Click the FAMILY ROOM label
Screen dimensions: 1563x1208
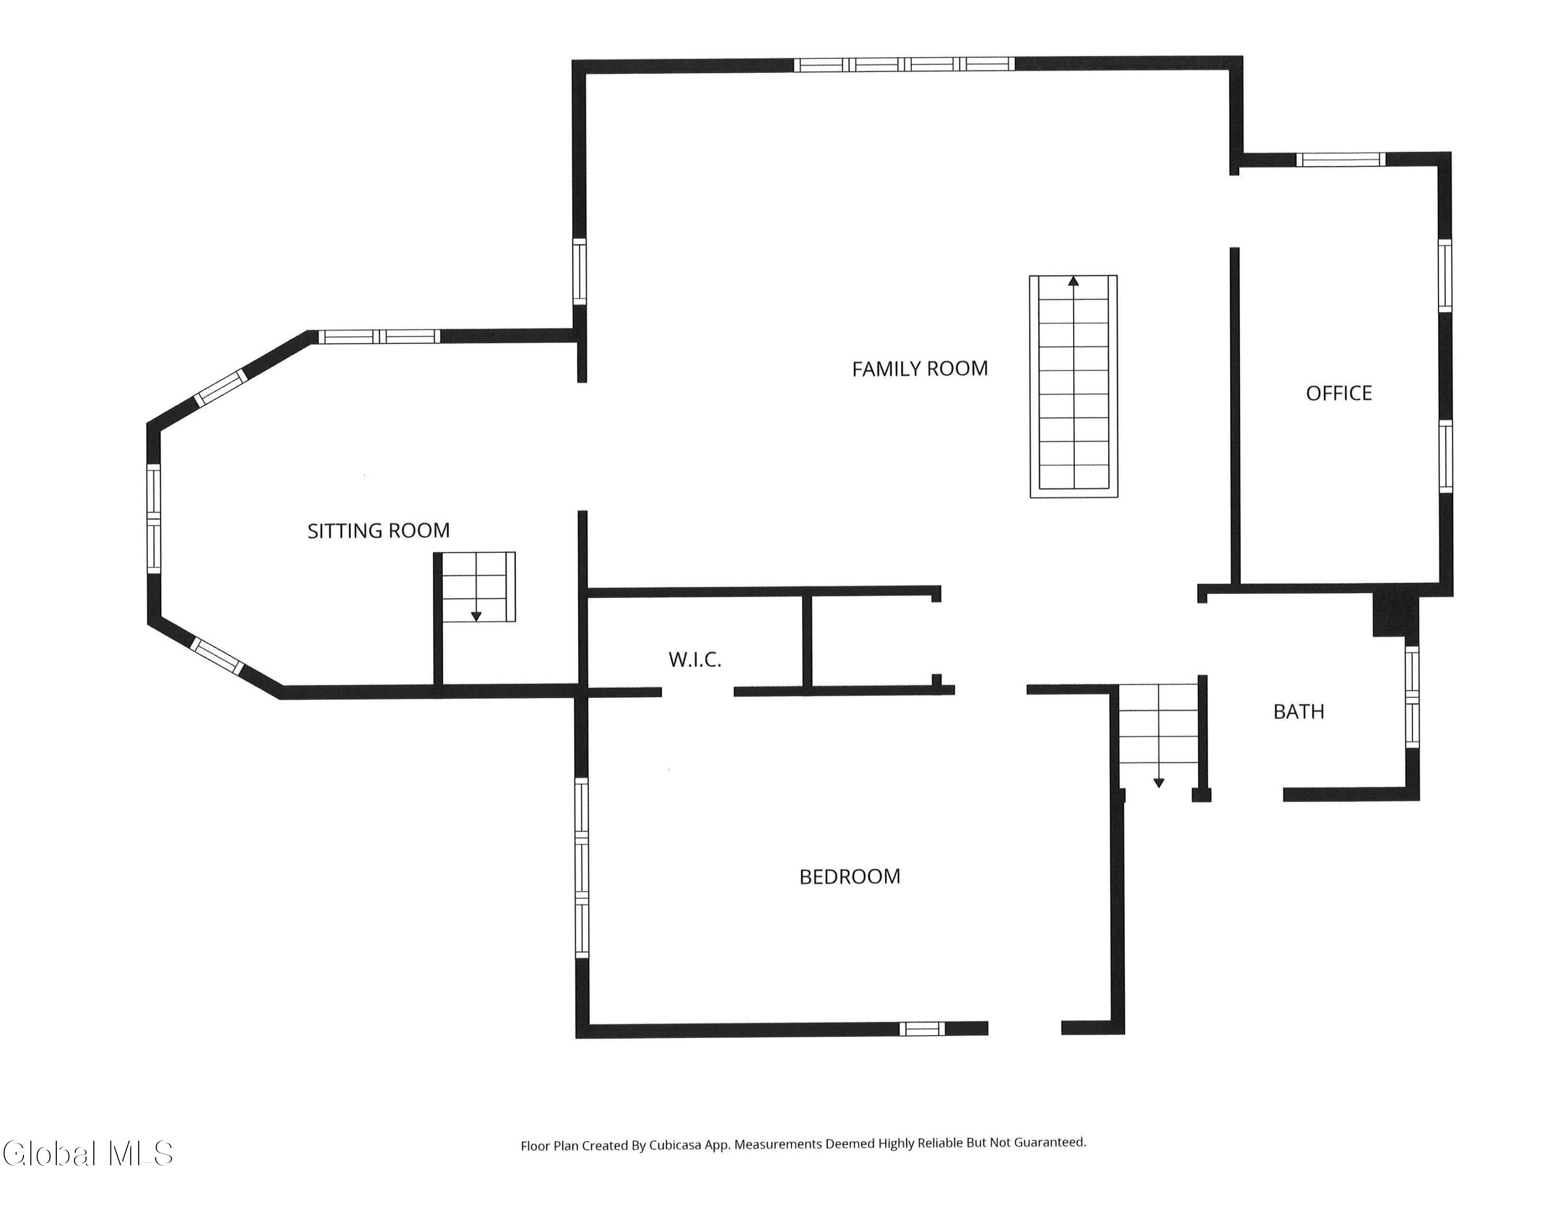[920, 368]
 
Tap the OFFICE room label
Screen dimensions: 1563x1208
[1339, 393]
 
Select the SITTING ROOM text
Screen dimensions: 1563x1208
[379, 531]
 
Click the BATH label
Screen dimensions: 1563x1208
[1299, 711]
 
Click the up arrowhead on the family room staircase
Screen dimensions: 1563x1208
[1073, 281]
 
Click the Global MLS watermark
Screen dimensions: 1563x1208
[88, 1153]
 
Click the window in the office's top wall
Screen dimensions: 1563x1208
[1341, 159]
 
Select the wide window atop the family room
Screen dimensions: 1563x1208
[904, 65]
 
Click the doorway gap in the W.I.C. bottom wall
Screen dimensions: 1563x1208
[698, 692]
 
